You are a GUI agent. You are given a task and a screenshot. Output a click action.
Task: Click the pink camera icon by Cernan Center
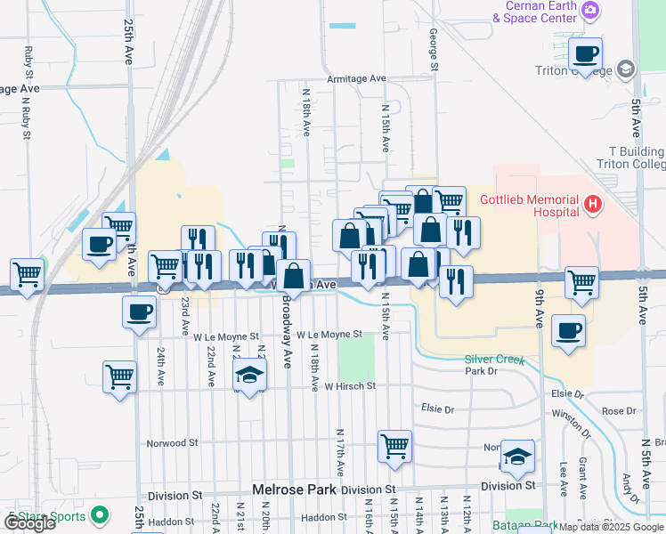pyautogui.click(x=589, y=11)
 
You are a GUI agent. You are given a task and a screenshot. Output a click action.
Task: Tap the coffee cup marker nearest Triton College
pyautogui.click(x=585, y=55)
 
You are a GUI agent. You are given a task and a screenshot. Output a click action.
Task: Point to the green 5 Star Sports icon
pyautogui.click(x=101, y=514)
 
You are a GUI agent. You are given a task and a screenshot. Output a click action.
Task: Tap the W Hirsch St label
pyautogui.click(x=350, y=387)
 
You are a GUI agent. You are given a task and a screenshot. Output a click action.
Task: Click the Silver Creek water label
pyautogui.click(x=494, y=360)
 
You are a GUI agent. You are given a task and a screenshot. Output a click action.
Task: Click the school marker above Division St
pyautogui.click(x=517, y=457)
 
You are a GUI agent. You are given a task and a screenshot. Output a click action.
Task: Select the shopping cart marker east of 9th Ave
pyautogui.click(x=581, y=284)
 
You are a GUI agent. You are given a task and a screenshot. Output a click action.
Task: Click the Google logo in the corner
pyautogui.click(x=28, y=523)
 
